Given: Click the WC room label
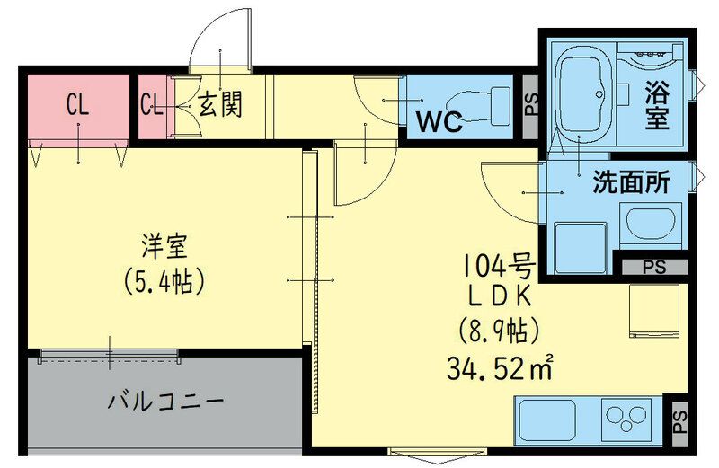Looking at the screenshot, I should coord(438,121).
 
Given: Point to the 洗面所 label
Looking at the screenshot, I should coord(631,182).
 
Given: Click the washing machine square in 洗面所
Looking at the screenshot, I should coord(580,248).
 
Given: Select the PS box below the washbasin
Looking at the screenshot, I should coord(654,266).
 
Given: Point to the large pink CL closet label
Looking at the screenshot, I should coord(77,105).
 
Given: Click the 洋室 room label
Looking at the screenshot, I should coord(164,245).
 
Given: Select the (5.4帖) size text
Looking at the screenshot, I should coord(164,280).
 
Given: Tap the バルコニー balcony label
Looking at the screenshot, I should coord(165,399).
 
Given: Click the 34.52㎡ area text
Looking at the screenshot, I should coord(499,366).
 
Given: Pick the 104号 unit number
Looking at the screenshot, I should coord(499,264).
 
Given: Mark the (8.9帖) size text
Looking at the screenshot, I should coord(499,331).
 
